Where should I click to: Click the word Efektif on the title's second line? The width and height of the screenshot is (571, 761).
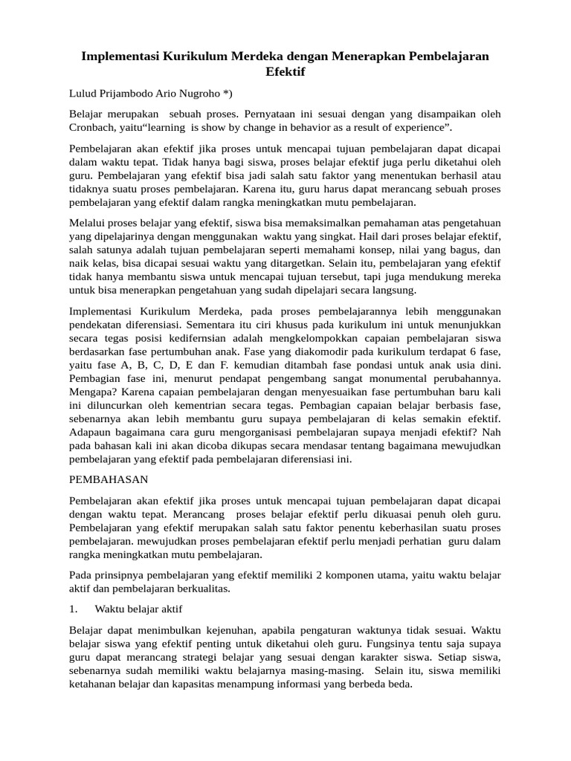(x=285, y=72)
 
